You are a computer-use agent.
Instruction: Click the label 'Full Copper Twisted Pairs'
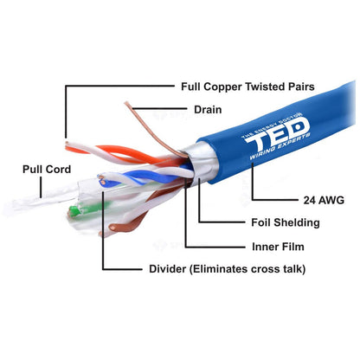point(247,87)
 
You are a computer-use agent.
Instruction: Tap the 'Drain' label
point(208,110)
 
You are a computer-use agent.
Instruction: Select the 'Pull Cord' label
point(47,169)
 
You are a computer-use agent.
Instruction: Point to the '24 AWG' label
point(324,200)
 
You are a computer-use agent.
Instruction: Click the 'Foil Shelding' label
point(286,222)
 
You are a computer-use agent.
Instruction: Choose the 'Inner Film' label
point(278,247)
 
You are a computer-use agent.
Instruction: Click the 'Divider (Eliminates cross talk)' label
point(228,269)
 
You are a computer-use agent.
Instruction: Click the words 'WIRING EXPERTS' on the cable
point(280,146)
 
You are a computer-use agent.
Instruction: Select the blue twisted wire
point(145,177)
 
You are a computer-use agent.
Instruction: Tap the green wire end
point(74,210)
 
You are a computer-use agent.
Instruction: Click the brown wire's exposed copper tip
point(112,228)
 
